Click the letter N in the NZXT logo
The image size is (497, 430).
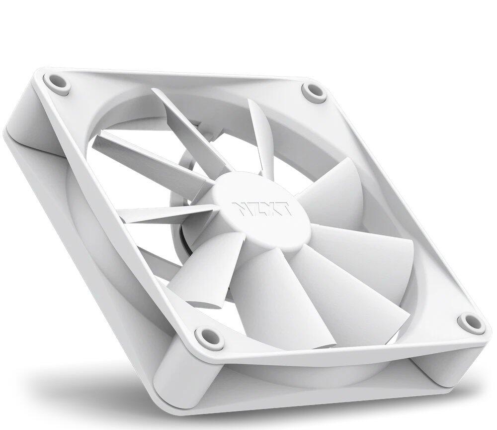(x=240, y=209)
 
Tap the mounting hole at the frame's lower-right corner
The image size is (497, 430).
(x=470, y=322)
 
